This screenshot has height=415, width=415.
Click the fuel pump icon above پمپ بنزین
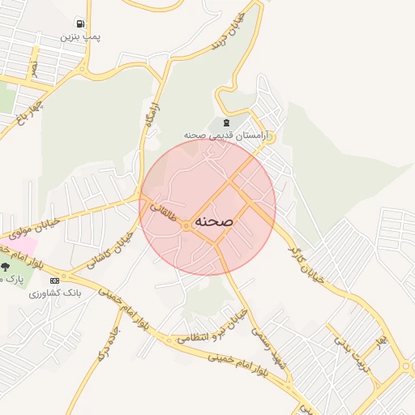point(80,24)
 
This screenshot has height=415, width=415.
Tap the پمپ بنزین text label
point(80,36)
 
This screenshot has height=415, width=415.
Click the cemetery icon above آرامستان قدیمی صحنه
point(225,122)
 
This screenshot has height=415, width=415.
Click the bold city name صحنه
point(214,221)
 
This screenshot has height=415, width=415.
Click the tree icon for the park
point(6,267)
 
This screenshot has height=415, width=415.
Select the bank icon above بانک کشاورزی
point(54,280)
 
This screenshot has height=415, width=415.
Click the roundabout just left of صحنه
point(186,225)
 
